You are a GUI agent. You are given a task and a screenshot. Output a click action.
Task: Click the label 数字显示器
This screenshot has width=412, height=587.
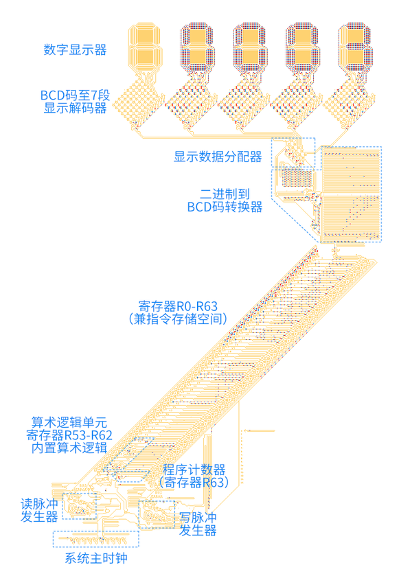tap(75, 49)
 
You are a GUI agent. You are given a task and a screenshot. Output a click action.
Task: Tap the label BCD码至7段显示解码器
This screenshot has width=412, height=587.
tap(75, 102)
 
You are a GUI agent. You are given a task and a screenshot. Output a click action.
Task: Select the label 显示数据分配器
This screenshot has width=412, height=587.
tap(218, 157)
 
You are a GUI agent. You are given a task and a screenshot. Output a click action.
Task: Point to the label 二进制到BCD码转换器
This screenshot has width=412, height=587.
tap(225, 200)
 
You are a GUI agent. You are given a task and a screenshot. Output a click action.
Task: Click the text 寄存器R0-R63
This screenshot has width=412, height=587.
tap(178, 306)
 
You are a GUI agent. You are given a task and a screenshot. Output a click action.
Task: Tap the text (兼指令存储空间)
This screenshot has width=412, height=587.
tap(178, 319)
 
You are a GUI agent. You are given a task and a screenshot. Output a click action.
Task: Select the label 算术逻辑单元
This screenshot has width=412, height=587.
tap(69, 422)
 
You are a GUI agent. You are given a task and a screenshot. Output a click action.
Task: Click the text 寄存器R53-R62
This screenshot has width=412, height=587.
tap(69, 435)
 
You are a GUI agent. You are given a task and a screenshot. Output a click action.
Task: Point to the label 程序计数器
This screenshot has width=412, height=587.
tap(194, 470)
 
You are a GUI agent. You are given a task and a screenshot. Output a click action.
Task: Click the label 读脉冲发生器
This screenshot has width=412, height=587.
tap(39, 510)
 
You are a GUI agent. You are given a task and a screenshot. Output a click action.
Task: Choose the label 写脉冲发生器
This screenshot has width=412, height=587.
tap(198, 524)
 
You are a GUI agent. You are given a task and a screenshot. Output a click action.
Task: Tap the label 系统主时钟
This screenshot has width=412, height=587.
tap(96, 558)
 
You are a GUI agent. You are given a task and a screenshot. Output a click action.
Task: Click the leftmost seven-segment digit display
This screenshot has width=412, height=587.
tap(145, 47)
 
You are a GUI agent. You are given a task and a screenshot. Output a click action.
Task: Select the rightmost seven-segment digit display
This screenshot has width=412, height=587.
tap(356, 47)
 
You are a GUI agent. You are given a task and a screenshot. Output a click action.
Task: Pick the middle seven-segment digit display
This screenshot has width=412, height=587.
tap(250, 47)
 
